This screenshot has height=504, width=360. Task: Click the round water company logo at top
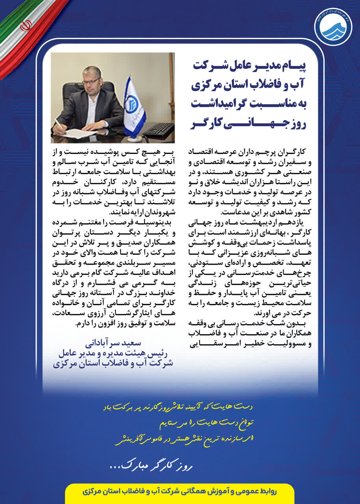pos(333,27)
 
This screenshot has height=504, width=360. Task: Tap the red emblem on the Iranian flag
pos(26,26)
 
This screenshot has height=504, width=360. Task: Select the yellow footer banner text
pos(180,492)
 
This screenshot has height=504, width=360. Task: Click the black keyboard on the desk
pos(160,129)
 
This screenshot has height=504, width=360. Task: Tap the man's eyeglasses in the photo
pos(91,81)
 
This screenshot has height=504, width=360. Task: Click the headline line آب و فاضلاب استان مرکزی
pos(252,85)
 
